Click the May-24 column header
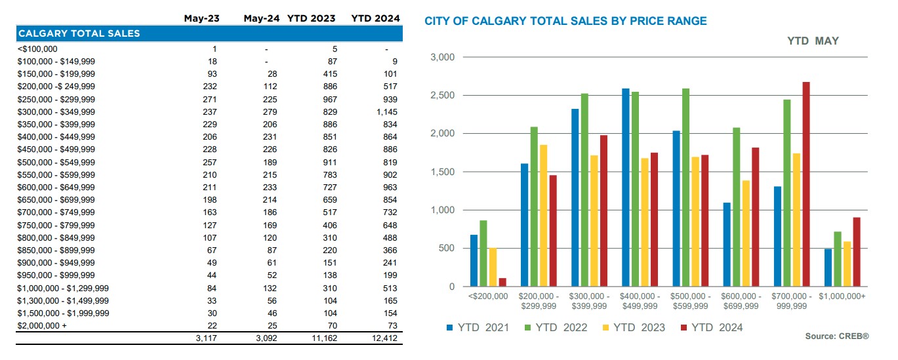click(260, 18)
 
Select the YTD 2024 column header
click(375, 18)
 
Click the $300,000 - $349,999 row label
click(56, 112)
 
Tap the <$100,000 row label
click(37, 49)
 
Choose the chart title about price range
click(565, 21)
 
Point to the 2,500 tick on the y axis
click(442, 96)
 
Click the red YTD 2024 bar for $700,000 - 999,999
click(806, 184)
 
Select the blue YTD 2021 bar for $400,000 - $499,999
click(626, 188)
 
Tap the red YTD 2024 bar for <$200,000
click(502, 282)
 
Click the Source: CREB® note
click(837, 336)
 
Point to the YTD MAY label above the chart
click(813, 41)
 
